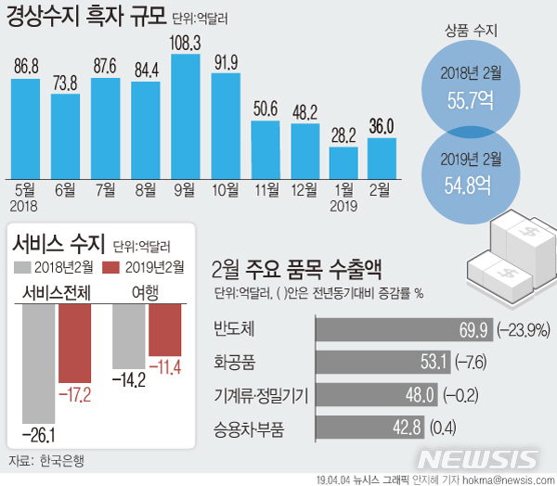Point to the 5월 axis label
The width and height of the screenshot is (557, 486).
pos(26,190)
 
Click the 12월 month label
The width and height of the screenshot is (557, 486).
pos(304,190)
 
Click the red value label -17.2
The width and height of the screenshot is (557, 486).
pos(76,395)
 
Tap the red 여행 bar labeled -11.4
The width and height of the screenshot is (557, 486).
pos(164,329)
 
